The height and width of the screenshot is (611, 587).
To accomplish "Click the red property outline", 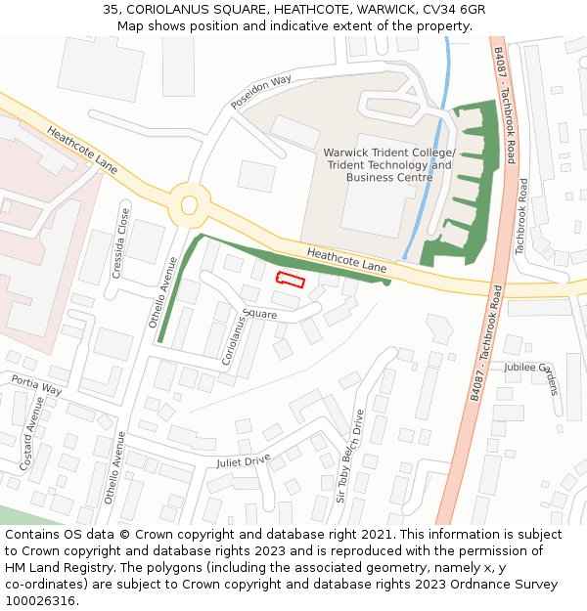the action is point(291,281).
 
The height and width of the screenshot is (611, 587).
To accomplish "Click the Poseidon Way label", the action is point(261,90).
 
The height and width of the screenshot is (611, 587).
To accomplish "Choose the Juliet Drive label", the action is point(244,460).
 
